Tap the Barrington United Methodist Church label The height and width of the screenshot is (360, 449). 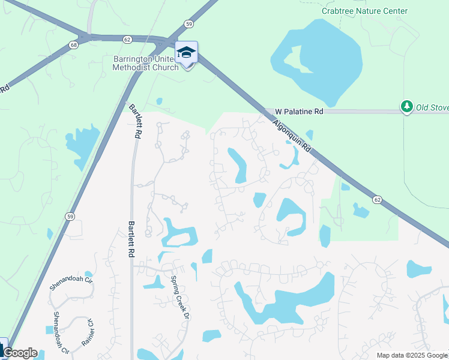click(145, 63)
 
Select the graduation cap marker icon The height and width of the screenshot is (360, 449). click(187, 53)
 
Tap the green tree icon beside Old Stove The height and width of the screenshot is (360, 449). click(407, 107)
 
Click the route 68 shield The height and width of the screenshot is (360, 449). click(74, 45)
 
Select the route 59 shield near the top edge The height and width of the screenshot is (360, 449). click(188, 24)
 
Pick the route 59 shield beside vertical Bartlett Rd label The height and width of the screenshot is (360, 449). click(71, 217)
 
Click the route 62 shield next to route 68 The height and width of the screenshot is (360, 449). click(127, 39)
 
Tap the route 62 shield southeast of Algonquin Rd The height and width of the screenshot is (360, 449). click(376, 199)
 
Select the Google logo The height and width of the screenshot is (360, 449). click(20, 353)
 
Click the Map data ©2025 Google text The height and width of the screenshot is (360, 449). click(412, 355)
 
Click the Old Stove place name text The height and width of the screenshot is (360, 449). click(432, 107)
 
